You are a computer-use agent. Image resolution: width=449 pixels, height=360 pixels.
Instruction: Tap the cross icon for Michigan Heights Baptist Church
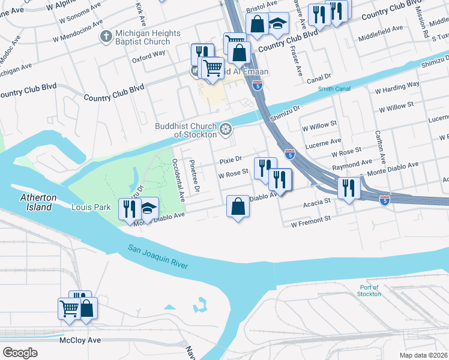point(106,37)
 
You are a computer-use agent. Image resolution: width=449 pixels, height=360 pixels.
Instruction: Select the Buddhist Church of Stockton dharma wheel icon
point(226,129)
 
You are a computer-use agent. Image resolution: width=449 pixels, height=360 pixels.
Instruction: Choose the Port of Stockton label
point(369,290)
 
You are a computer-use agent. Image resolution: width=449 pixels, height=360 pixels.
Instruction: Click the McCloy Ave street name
point(80,340)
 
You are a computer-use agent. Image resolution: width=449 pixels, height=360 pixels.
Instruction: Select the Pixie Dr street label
point(230,160)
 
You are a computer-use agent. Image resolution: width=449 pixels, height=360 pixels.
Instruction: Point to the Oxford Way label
point(149,53)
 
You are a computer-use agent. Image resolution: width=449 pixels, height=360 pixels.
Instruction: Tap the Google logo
point(20,353)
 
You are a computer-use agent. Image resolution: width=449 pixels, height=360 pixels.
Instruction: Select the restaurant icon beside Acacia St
point(349,188)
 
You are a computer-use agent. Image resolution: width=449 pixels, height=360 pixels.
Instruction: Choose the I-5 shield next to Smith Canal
point(258,85)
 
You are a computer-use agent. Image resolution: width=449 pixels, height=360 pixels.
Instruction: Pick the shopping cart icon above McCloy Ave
point(68,308)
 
